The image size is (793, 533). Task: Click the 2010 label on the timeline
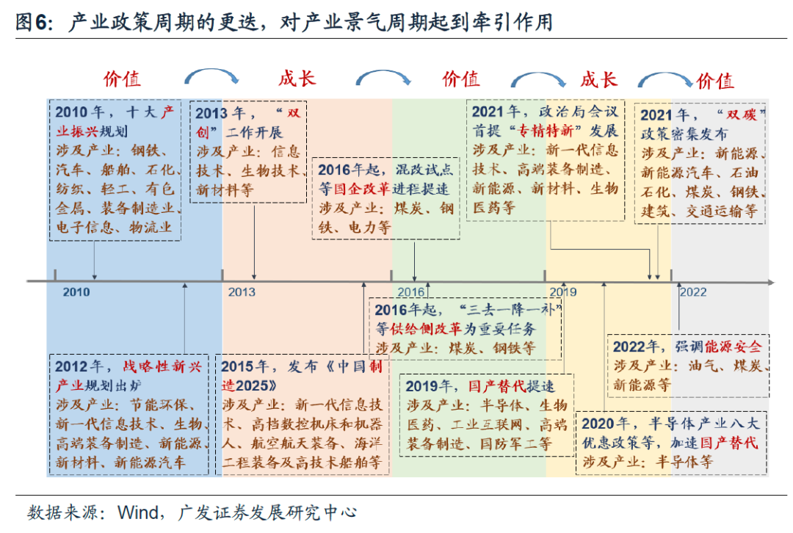pos(76,292)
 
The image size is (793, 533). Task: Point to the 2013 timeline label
pos(242,292)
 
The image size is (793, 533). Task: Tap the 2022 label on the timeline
pos(693,292)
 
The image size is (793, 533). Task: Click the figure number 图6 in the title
pos(34,23)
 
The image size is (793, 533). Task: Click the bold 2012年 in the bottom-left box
pos(78,366)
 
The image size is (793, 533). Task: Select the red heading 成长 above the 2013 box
pos(297,79)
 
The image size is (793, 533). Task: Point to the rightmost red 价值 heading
pos(715,81)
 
